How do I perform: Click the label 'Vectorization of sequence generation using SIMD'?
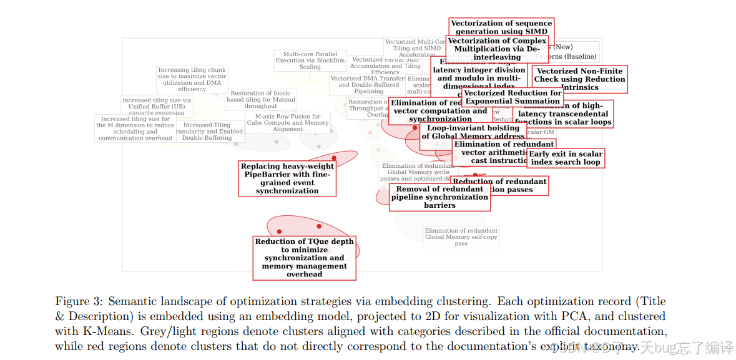[501, 27]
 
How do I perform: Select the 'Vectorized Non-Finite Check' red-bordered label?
[580, 79]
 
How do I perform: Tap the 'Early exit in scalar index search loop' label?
[566, 158]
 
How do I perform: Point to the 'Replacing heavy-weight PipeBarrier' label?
[287, 178]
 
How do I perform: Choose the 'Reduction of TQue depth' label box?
[304, 258]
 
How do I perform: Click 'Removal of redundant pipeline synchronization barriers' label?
[439, 197]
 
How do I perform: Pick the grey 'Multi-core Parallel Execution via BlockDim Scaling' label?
[310, 61]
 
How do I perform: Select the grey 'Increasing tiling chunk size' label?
[192, 80]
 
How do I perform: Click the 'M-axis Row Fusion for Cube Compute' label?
[287, 123]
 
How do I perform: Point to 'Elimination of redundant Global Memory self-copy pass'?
[461, 237]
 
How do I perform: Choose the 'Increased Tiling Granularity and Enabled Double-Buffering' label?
[209, 131]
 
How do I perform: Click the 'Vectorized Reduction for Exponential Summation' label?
[513, 97]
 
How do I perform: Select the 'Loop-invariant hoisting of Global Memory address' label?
[473, 132]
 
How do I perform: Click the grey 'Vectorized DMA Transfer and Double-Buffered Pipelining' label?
[368, 85]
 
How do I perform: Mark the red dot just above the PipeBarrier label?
[334, 158]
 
